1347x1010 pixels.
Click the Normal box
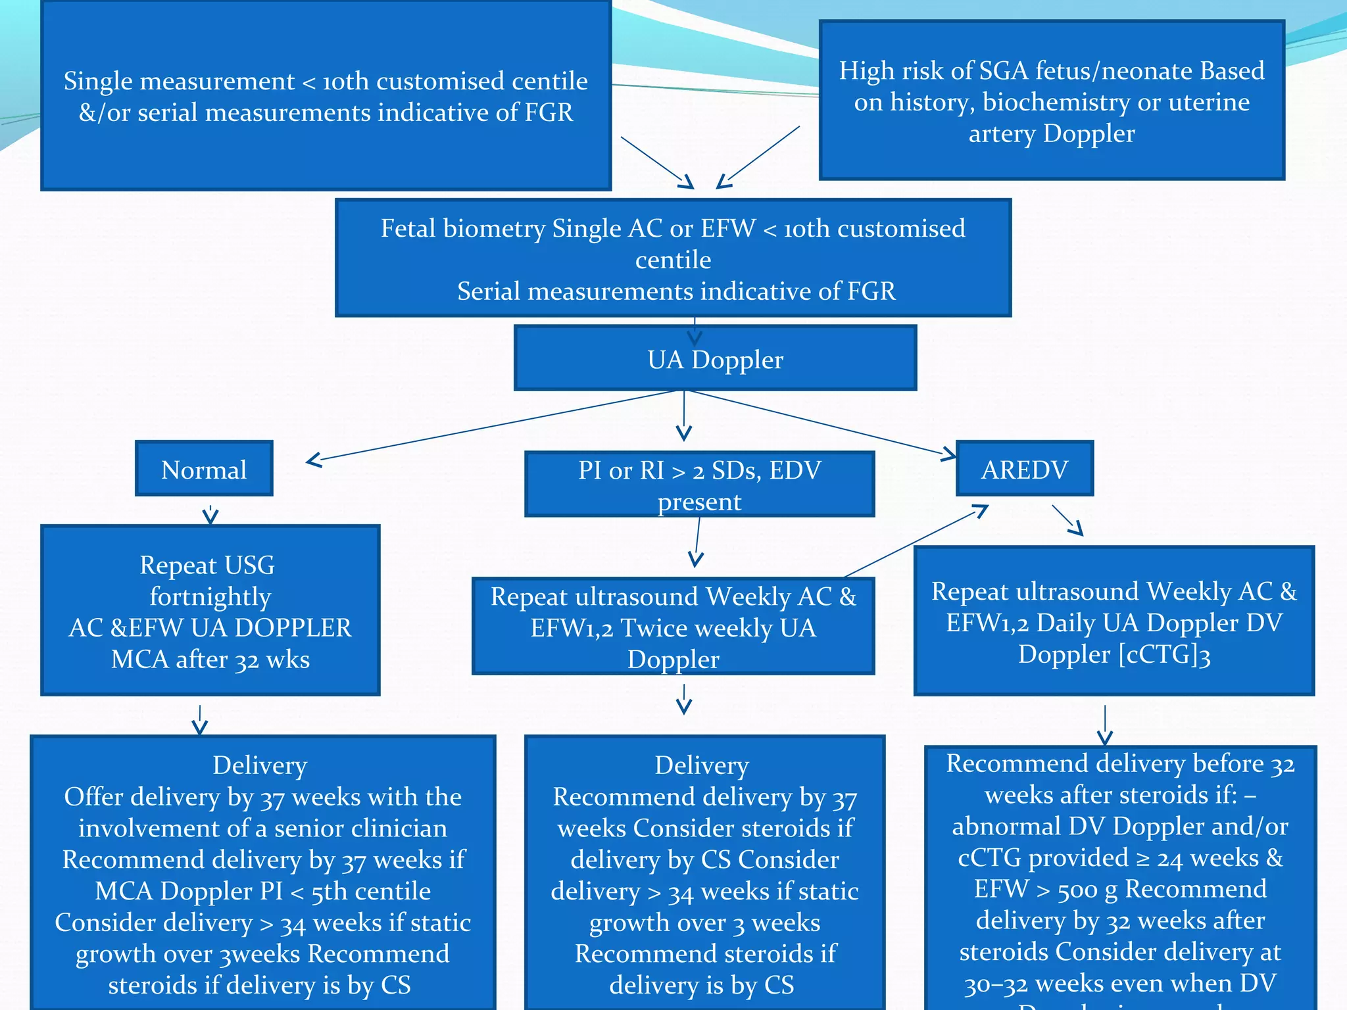[x=204, y=469]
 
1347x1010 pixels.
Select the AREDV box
[x=1024, y=469]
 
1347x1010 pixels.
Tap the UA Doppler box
[x=715, y=359]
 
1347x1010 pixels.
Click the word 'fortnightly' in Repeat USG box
[x=210, y=596]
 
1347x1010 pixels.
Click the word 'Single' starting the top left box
[x=97, y=82]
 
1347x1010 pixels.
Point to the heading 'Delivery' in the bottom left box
[x=260, y=765]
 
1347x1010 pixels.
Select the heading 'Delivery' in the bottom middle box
[x=702, y=765]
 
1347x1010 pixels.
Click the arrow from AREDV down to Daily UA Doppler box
[x=1067, y=520]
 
